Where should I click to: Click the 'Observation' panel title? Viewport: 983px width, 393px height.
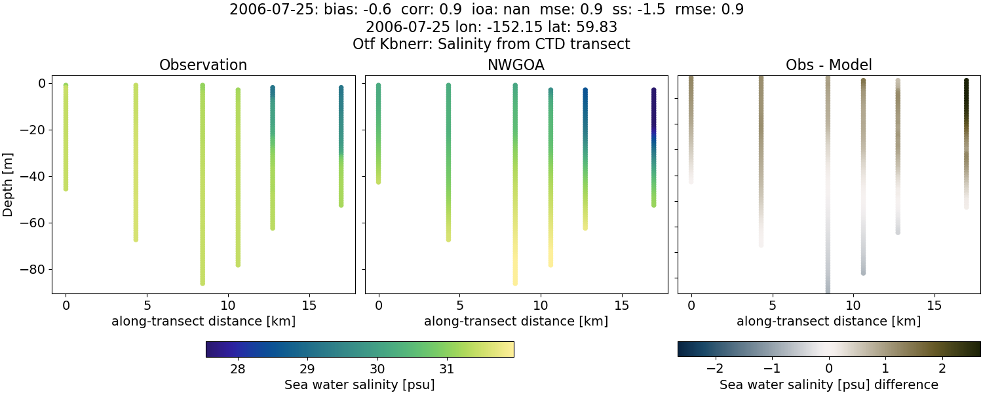pyautogui.click(x=203, y=65)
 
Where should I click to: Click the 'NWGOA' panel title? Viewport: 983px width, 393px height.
pyautogui.click(x=516, y=65)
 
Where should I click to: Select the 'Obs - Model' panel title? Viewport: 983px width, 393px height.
pyautogui.click(x=828, y=65)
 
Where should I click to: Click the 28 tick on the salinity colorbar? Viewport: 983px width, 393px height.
pyautogui.click(x=238, y=367)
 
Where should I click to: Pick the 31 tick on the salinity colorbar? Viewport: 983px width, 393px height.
pyautogui.click(x=446, y=367)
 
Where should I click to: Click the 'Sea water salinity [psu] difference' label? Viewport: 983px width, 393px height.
pyautogui.click(x=828, y=384)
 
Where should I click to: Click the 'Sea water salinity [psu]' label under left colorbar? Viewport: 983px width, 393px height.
pyautogui.click(x=359, y=384)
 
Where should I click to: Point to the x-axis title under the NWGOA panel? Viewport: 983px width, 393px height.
pyautogui.click(x=516, y=322)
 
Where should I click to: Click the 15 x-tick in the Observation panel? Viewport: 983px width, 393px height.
pyautogui.click(x=309, y=305)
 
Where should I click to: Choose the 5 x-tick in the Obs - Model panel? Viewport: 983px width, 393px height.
pyautogui.click(x=773, y=305)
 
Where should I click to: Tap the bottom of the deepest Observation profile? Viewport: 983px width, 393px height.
pyautogui.click(x=202, y=283)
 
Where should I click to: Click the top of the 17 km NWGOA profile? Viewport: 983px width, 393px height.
pyautogui.click(x=653, y=90)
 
